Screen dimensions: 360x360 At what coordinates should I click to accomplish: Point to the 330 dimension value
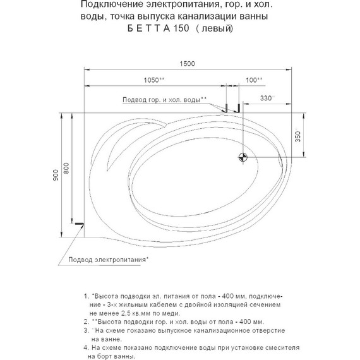268,99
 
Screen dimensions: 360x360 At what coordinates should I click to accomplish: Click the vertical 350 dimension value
298,136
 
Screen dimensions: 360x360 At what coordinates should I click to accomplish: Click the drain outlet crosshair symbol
243,157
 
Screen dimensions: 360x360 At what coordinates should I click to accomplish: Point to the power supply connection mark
78,224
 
